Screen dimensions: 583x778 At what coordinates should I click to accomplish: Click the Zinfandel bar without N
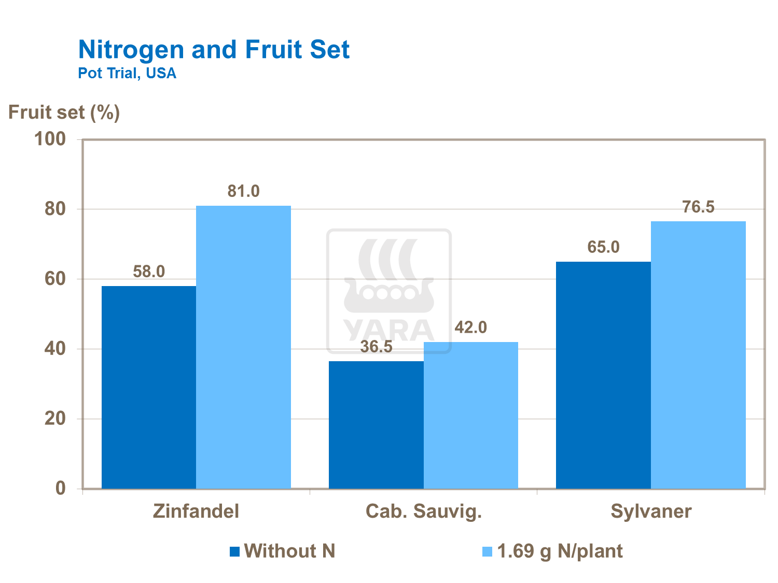coord(149,387)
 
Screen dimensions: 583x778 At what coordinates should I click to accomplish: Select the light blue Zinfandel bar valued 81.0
coord(243,347)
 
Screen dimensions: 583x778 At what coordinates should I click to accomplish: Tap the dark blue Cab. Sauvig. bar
coord(376,425)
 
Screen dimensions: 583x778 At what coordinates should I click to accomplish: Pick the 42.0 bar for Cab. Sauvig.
coord(470,415)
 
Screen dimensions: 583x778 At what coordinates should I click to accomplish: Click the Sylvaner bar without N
coord(603,375)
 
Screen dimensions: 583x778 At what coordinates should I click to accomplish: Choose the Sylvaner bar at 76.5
coord(698,355)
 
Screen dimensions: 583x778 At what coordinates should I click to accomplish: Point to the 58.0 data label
coord(149,272)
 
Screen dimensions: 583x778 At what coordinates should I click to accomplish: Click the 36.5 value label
coord(376,347)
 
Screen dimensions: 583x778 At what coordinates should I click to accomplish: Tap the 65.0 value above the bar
coord(603,247)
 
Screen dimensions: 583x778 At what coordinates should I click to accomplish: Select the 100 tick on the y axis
coord(50,139)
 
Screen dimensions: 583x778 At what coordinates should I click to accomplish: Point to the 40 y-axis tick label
coord(55,349)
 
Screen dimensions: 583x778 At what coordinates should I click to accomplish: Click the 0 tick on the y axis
coord(61,488)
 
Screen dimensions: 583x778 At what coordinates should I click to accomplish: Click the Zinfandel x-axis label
coord(196,511)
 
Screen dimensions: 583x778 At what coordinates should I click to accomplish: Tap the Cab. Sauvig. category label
coord(424,511)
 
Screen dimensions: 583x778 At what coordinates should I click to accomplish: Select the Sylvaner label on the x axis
coord(651,511)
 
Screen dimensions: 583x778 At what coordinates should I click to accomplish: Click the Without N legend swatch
coord(234,551)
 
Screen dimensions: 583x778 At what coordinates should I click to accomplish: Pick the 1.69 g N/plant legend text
coord(560,551)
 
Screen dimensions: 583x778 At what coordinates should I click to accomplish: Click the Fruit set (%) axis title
coord(64,112)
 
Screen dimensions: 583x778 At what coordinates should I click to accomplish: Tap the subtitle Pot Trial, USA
coord(127,73)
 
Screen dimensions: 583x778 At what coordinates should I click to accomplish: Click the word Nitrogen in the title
coord(131,50)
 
